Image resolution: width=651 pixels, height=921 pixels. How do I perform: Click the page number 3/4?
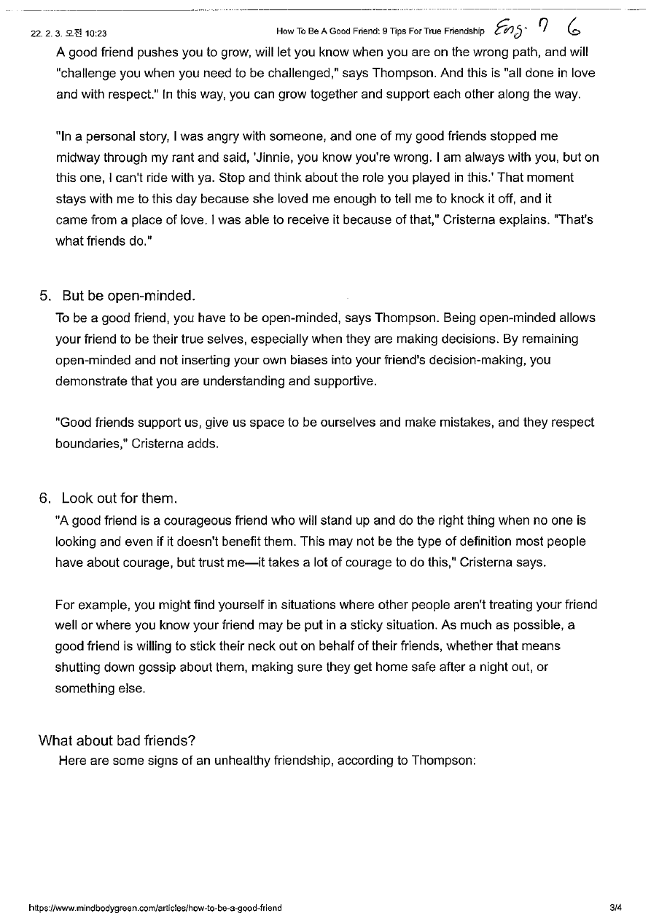[616, 908]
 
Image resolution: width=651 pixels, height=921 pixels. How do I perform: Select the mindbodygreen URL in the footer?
[155, 908]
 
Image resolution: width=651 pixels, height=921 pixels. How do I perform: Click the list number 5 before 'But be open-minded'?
[45, 296]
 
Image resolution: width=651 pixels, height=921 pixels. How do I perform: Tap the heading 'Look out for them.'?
[120, 498]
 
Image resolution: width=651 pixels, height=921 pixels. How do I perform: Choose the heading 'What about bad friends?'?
[117, 740]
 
